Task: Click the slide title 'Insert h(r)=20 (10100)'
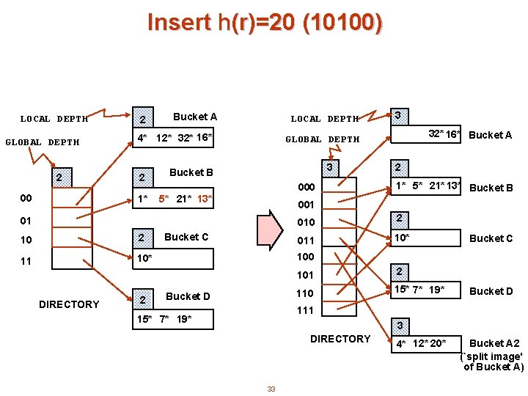click(x=264, y=23)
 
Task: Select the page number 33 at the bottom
click(x=271, y=389)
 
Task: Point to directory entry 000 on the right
click(x=305, y=188)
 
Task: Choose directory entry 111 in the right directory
click(x=305, y=310)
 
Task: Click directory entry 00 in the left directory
click(x=26, y=198)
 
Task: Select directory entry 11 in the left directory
click(x=26, y=260)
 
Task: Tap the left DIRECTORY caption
click(x=69, y=304)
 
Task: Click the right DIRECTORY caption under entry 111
click(x=340, y=339)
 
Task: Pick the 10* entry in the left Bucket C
click(x=145, y=259)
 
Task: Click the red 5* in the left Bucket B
click(x=165, y=199)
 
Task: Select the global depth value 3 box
click(x=330, y=168)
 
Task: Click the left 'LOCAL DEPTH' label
click(x=54, y=119)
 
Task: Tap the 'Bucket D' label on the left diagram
click(x=188, y=296)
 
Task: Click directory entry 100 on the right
click(x=305, y=257)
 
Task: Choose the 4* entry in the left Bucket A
click(x=144, y=137)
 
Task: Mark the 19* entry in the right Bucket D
click(x=436, y=290)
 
